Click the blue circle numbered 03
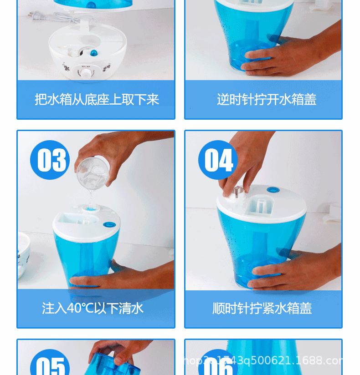coord(50,160)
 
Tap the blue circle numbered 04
coord(218,160)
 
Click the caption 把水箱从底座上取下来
coord(97,99)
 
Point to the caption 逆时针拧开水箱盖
coord(267,99)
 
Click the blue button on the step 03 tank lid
coord(109,224)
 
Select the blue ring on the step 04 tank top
coord(273,190)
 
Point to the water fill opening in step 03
coord(89,208)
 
